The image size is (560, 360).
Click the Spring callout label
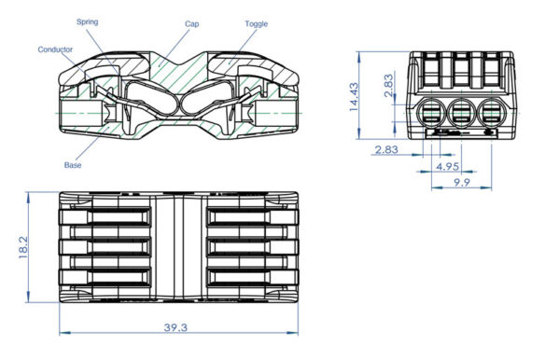tap(113, 20)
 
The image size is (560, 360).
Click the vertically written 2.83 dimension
tap(388, 86)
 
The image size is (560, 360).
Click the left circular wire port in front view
tap(434, 115)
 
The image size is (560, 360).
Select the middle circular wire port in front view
tap(461, 115)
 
